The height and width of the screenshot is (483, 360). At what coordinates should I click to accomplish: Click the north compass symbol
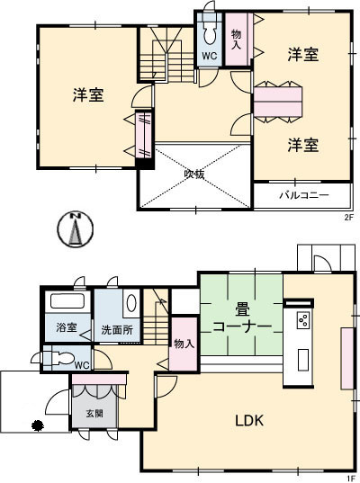click(x=75, y=229)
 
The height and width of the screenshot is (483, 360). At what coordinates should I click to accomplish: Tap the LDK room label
click(x=249, y=420)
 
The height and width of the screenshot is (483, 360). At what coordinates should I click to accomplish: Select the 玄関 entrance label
click(x=94, y=414)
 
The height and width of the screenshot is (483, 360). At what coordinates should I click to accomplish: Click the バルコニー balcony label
click(x=304, y=195)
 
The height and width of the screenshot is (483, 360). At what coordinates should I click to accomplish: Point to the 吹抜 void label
click(x=194, y=174)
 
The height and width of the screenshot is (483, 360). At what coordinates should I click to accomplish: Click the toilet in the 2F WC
click(x=210, y=35)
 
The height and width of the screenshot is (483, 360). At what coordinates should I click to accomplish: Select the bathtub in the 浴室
click(x=67, y=301)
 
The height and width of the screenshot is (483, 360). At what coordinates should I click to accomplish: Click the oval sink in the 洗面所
click(x=131, y=303)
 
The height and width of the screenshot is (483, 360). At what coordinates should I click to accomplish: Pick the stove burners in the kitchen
click(x=303, y=319)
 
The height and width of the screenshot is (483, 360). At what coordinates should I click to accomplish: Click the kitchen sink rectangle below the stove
click(x=303, y=360)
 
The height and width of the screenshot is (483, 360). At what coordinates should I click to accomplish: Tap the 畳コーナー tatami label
click(x=242, y=318)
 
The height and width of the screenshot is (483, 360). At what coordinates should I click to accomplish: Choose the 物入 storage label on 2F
click(x=237, y=40)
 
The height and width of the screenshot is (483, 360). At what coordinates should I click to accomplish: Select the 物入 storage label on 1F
click(x=184, y=344)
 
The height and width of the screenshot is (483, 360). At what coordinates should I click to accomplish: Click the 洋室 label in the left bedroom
click(x=88, y=94)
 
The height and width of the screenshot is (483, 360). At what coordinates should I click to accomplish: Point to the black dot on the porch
click(x=38, y=425)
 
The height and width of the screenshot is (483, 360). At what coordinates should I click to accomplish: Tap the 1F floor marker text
click(x=350, y=479)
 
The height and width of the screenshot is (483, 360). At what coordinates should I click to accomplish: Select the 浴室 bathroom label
click(x=67, y=327)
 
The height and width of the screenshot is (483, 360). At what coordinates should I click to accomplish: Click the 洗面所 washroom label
click(x=117, y=330)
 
